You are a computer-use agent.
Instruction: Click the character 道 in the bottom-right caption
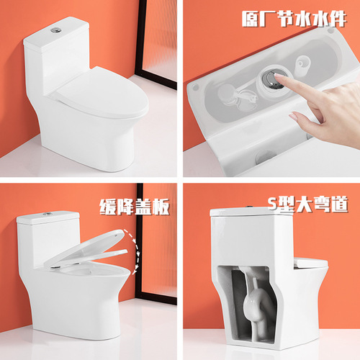pos(341,205)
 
